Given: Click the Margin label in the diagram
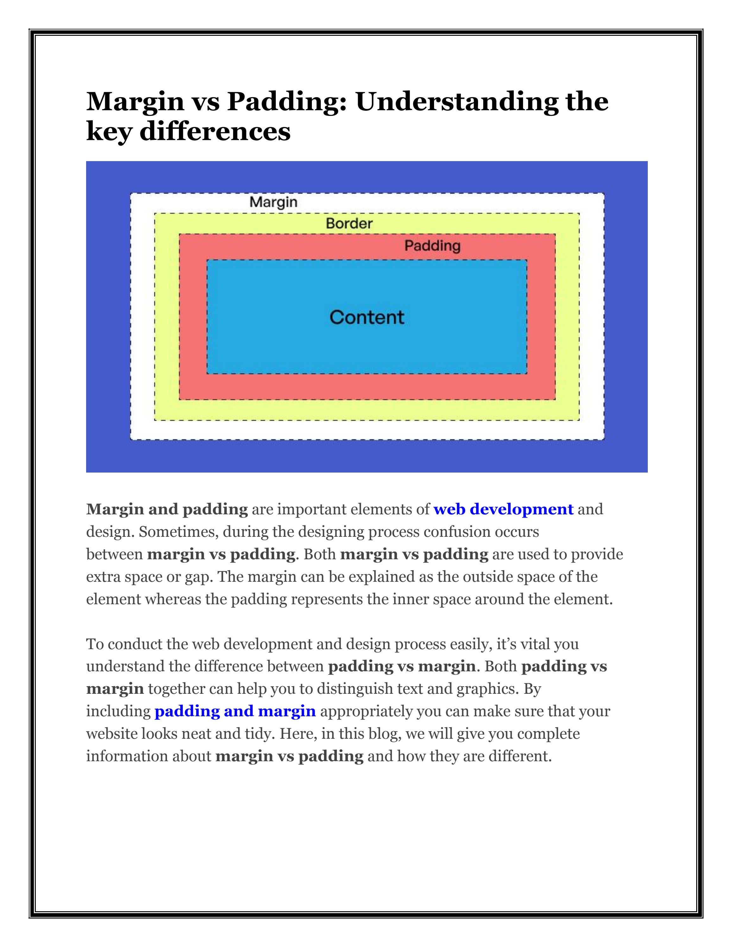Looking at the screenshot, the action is point(273,202).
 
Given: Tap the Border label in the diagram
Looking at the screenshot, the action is point(349,224).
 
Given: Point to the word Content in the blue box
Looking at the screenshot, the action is point(367,317).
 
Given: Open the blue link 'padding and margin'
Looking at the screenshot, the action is point(235,711).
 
